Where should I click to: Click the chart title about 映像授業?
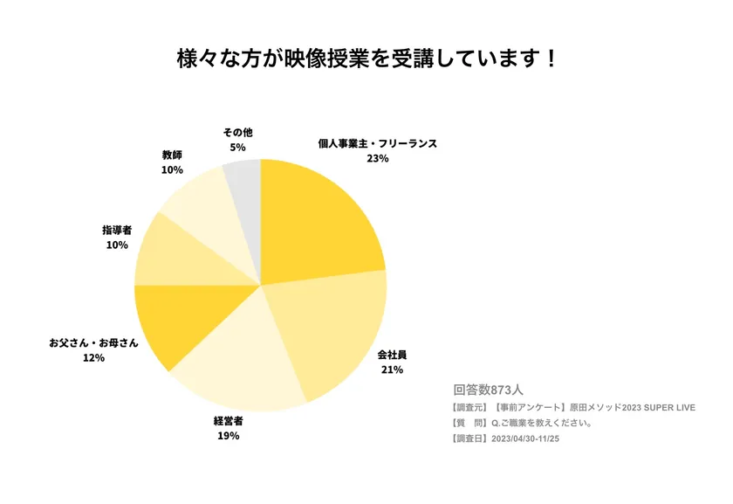[366, 59]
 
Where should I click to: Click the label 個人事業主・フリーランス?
[377, 143]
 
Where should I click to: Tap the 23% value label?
[377, 159]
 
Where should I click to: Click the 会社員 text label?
[392, 356]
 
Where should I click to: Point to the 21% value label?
[392, 370]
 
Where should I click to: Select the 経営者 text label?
[229, 420]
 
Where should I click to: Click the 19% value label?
[229, 436]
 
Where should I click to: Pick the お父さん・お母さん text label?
[93, 342]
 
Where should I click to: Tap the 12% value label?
[93, 358]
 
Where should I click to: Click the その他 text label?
[237, 132]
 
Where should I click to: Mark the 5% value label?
[237, 148]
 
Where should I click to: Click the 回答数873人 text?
[488, 390]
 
